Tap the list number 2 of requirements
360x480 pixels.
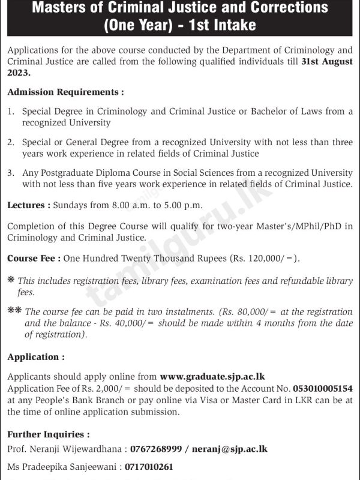(x=11, y=143)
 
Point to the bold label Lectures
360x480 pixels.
(x=28, y=205)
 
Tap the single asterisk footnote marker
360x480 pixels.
(x=11, y=280)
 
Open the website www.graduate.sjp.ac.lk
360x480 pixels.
(x=212, y=377)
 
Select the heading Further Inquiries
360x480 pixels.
(x=49, y=434)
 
